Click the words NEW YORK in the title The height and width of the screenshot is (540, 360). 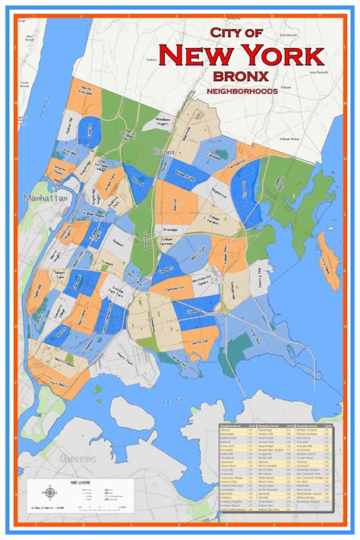click(242, 55)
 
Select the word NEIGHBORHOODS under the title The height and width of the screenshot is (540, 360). click(241, 91)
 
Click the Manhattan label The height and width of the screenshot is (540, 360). click(46, 197)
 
